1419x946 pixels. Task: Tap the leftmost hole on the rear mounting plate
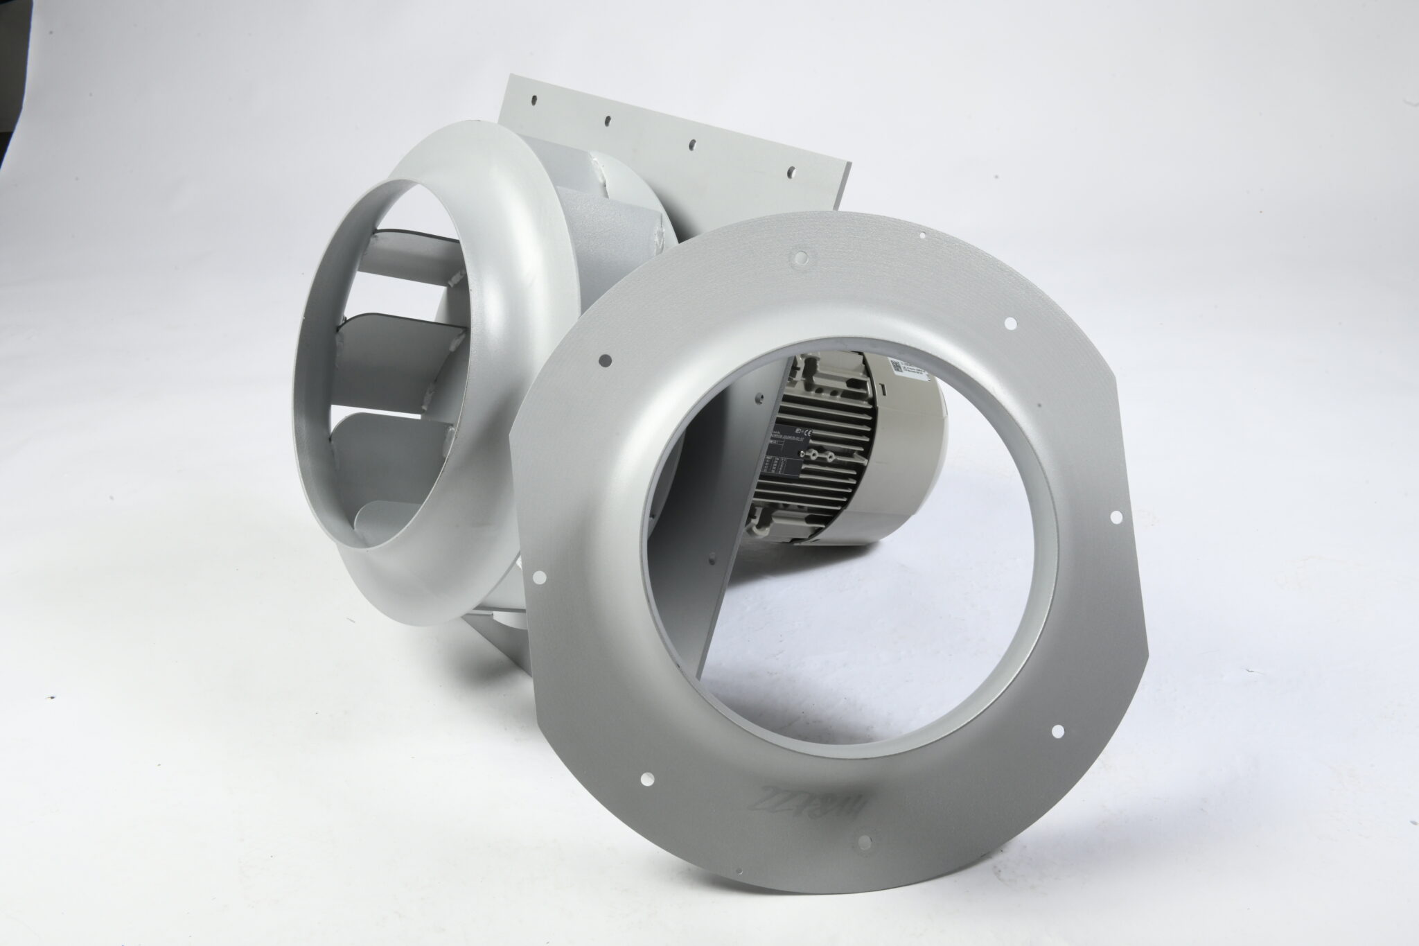535,101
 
